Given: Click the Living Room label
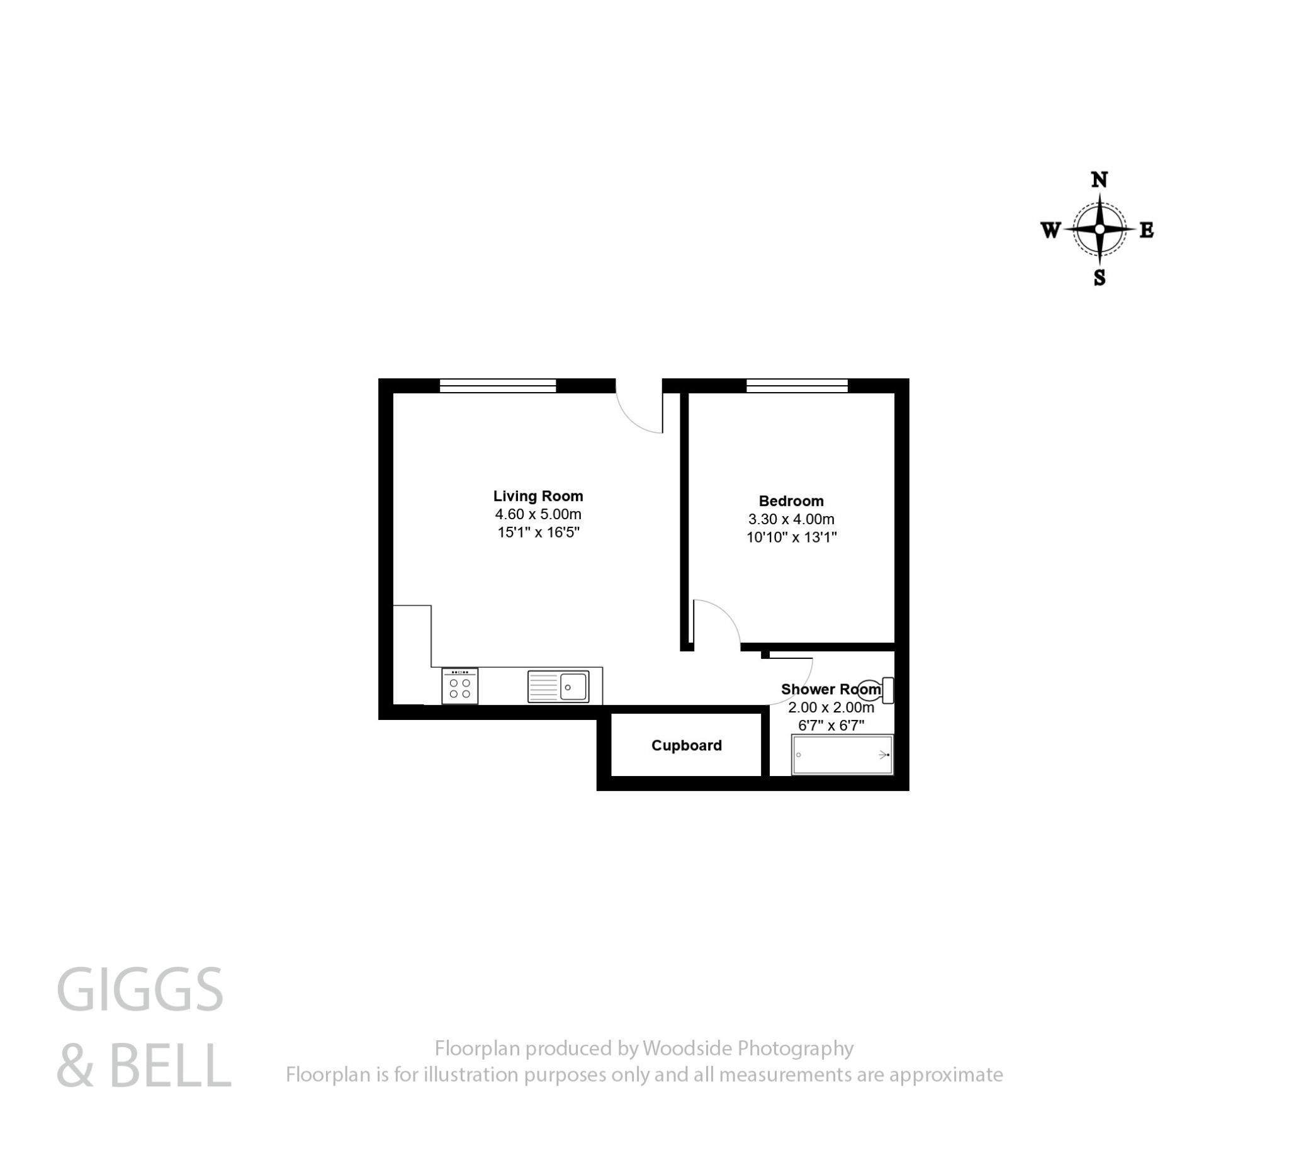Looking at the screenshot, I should (x=538, y=496).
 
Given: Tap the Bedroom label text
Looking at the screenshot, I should (x=791, y=501).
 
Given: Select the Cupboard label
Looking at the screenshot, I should (x=686, y=745).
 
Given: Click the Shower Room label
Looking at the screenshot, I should (x=831, y=689).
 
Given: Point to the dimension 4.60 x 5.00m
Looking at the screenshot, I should (x=538, y=514).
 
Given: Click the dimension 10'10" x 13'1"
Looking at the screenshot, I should (x=791, y=537).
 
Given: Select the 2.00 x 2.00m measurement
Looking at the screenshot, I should (x=831, y=708).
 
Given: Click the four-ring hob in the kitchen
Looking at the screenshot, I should (x=459, y=687).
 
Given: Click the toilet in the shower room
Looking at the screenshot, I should (x=875, y=690).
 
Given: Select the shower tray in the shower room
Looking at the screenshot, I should (x=842, y=755).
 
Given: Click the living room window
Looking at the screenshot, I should (x=497, y=386).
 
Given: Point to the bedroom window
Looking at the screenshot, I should (x=797, y=386).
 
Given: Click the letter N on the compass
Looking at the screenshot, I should (x=1099, y=180).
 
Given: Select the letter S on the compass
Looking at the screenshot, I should (x=1099, y=278).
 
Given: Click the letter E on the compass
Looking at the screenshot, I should (x=1146, y=230).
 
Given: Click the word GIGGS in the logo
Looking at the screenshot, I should (x=140, y=991).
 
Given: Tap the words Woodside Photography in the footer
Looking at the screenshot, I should (x=748, y=1049).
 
